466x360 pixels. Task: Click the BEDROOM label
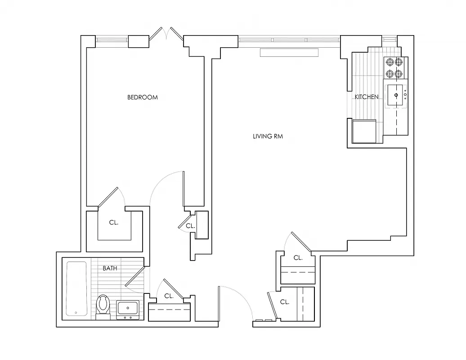tap(143, 97)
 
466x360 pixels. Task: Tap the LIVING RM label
tap(268, 136)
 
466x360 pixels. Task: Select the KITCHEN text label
tap(367, 97)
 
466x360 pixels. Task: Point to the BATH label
tap(110, 268)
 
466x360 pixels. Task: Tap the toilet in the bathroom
tap(103, 305)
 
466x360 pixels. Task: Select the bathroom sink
tap(128, 309)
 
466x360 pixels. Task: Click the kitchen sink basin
tap(396, 95)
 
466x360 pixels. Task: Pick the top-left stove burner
tap(390, 62)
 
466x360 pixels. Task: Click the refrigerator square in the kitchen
tap(364, 131)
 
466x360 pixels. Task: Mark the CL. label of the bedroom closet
tap(114, 222)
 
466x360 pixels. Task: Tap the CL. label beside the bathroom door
tap(169, 296)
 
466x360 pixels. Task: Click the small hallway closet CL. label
tap(190, 226)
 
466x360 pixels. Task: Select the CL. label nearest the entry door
tap(285, 302)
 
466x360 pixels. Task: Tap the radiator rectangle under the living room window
tap(289, 53)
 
